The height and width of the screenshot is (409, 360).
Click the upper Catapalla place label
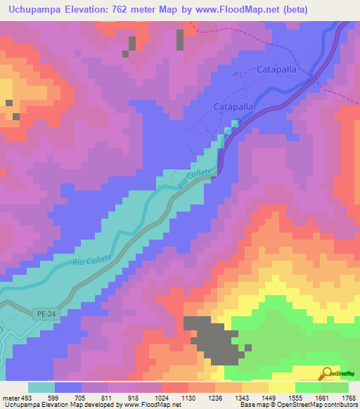click(x=276, y=71)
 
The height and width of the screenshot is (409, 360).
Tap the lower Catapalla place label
click(x=233, y=107)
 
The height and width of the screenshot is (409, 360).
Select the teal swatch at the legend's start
click(x=41, y=387)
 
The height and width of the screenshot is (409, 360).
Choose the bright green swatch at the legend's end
click(x=335, y=387)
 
